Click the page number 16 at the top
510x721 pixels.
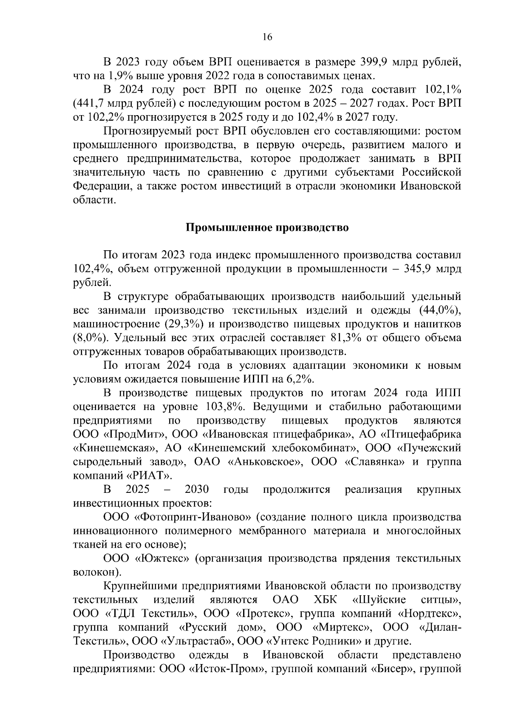click(x=267, y=37)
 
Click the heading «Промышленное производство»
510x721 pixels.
click(x=267, y=228)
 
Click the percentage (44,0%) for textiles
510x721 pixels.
click(x=440, y=310)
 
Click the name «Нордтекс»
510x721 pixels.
click(x=430, y=614)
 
